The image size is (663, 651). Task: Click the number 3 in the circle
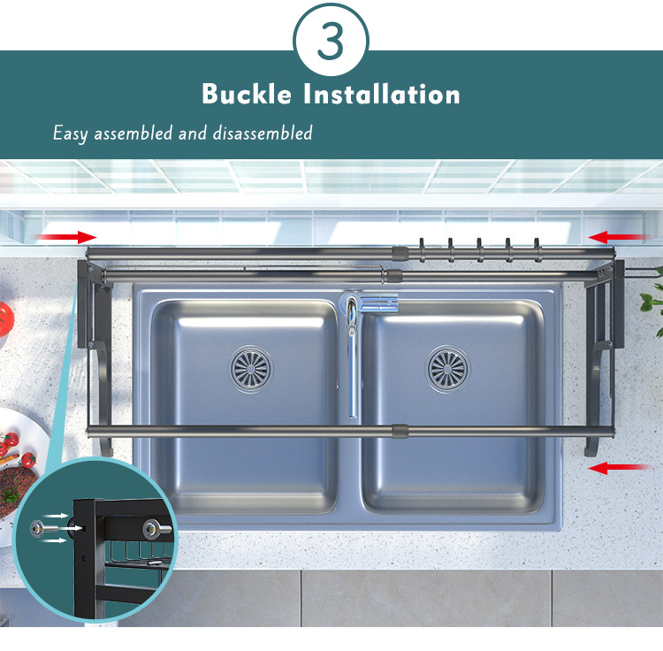331,41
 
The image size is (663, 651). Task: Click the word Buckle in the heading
247,94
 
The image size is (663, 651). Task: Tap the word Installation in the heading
382,94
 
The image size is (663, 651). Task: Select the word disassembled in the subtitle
263,133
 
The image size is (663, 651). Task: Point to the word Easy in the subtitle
71,134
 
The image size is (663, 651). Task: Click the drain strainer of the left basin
251,369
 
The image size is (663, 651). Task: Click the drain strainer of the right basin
447,369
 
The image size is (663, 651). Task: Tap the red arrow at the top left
66,237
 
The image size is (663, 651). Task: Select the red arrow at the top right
617,237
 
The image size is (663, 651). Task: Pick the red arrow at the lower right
618,468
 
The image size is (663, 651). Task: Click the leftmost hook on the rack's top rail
422,249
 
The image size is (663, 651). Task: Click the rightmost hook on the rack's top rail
537,249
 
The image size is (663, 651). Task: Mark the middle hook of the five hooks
479,249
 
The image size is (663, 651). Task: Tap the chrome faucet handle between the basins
378,303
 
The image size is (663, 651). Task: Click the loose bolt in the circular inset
44,529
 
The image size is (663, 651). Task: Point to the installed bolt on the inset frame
156,529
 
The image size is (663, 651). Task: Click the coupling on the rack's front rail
400,431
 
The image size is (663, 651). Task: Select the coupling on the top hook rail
400,253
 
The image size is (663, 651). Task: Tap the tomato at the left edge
5,319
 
